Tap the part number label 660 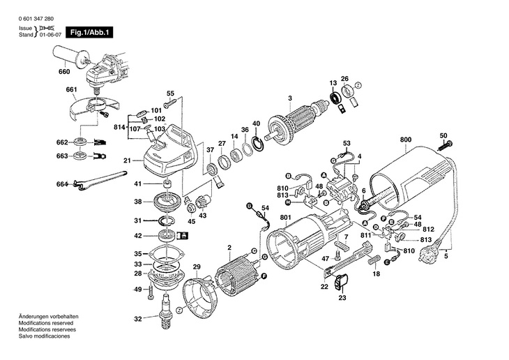pyautogui.click(x=64, y=71)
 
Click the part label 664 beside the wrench pyautogui.click(x=62, y=183)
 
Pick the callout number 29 pyautogui.click(x=197, y=267)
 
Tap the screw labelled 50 pyautogui.click(x=445, y=145)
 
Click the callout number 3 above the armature pyautogui.click(x=289, y=97)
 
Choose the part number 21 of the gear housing pyautogui.click(x=128, y=160)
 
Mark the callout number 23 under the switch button pyautogui.click(x=342, y=298)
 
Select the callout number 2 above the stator pyautogui.click(x=229, y=248)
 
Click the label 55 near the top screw pyautogui.click(x=169, y=93)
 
